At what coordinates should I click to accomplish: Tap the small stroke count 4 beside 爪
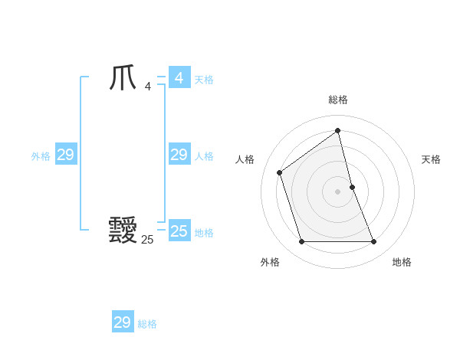click(x=147, y=87)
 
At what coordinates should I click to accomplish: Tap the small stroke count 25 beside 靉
click(x=147, y=239)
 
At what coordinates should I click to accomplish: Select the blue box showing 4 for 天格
click(x=179, y=78)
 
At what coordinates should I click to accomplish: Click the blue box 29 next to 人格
click(x=179, y=155)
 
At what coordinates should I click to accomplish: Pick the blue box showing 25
click(x=179, y=231)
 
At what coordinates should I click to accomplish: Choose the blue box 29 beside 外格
click(x=66, y=155)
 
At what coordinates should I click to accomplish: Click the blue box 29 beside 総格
click(x=123, y=322)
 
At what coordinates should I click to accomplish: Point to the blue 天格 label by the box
click(x=204, y=80)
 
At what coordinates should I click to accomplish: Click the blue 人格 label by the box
click(x=204, y=156)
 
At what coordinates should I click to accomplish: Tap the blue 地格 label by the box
click(x=204, y=233)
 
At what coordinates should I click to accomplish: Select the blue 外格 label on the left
click(x=41, y=156)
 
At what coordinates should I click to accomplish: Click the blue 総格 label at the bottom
click(x=147, y=324)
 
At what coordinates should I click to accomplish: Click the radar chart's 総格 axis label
click(x=338, y=100)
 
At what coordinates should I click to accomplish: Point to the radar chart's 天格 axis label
click(x=432, y=159)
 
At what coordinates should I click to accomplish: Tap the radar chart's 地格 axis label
click(x=402, y=262)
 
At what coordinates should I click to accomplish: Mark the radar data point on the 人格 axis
click(x=280, y=172)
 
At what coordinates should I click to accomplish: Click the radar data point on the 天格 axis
click(x=352, y=187)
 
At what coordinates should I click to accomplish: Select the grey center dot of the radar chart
click(x=338, y=191)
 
